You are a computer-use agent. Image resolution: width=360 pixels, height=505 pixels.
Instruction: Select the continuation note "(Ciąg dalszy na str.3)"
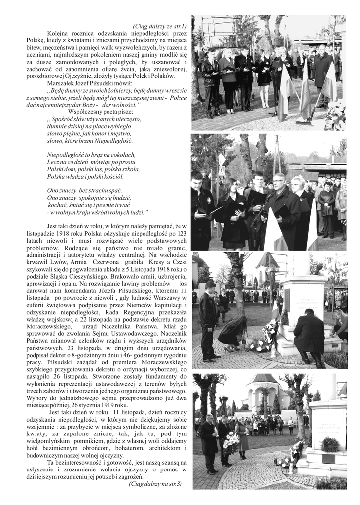click(x=155, y=484)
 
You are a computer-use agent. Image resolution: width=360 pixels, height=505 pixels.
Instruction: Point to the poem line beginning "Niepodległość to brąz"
click(x=91, y=155)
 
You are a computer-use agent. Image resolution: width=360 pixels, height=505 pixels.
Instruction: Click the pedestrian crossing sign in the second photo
click(x=222, y=160)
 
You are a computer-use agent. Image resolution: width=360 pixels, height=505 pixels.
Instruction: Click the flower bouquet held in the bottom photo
click(x=231, y=441)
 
